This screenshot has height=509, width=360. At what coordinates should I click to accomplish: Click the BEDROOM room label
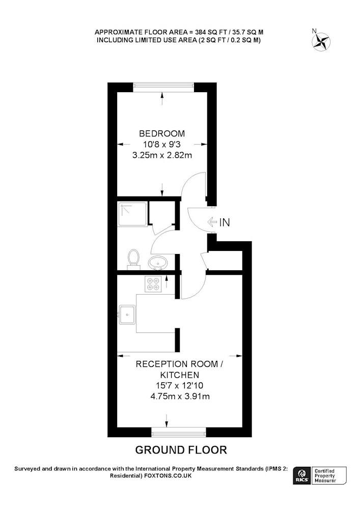point(162,133)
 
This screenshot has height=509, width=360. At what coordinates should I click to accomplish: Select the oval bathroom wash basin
point(158,262)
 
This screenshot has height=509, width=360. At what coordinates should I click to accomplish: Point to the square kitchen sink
point(127,314)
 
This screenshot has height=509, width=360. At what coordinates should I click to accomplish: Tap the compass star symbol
point(321,42)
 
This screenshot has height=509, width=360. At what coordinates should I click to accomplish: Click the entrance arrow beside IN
point(213,222)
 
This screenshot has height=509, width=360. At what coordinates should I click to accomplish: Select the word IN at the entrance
point(225,222)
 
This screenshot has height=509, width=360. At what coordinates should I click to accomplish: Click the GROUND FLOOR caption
point(181,450)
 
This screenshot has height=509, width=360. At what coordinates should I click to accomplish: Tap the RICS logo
point(302,475)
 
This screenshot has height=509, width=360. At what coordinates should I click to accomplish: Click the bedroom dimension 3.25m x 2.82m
point(162,155)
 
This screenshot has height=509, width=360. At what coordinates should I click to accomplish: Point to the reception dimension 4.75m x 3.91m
point(180,397)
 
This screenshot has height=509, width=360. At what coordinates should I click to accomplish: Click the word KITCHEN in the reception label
point(180,375)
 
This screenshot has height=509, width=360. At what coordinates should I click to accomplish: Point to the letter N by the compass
point(314,31)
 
